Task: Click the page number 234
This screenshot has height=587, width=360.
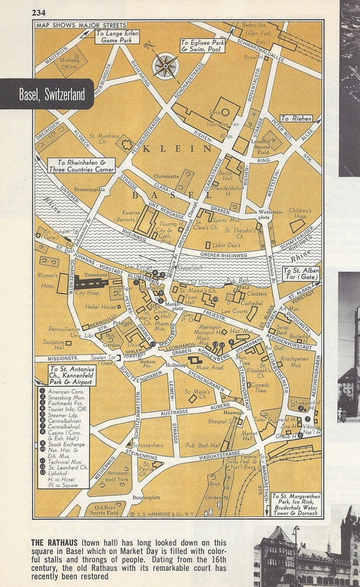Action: [x=39, y=11]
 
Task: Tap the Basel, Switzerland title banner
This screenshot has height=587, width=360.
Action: [x=47, y=95]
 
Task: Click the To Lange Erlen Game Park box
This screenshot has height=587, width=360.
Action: [x=117, y=37]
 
